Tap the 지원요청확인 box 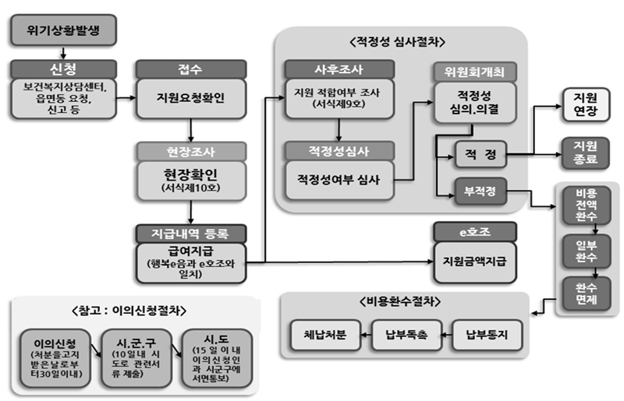tap(191, 99)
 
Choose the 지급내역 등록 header tap(191, 233)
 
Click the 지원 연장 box tap(585, 104)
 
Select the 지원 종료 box tap(585, 153)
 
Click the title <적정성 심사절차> tap(402, 42)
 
